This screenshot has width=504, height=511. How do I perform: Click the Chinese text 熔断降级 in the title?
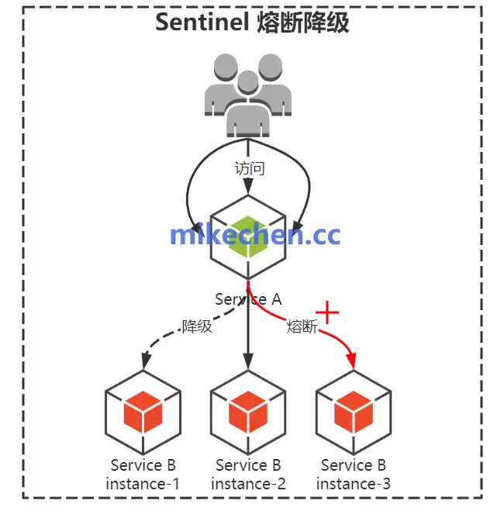pyautogui.click(x=303, y=22)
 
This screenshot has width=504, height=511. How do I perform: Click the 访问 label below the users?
pyautogui.click(x=249, y=167)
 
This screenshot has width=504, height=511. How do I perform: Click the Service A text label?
pyautogui.click(x=248, y=299)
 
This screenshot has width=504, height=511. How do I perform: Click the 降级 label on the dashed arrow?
pyautogui.click(x=197, y=326)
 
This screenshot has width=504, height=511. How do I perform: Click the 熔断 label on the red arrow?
pyautogui.click(x=302, y=327)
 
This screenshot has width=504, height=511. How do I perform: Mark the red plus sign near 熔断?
pyautogui.click(x=329, y=312)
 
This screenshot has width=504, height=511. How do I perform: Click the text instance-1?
pyautogui.click(x=143, y=484)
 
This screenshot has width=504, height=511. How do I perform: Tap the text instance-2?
pyautogui.click(x=248, y=484)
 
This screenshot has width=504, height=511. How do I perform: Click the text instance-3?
pyautogui.click(x=354, y=484)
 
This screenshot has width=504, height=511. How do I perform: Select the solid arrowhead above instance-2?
pyautogui.click(x=248, y=362)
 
